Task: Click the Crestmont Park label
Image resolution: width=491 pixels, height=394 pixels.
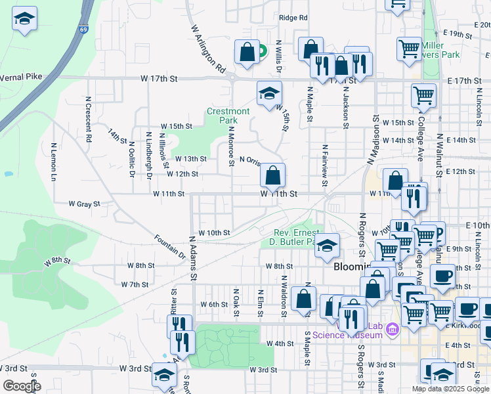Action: pyautogui.click(x=228, y=116)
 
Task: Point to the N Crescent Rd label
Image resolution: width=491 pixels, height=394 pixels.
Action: pyautogui.click(x=87, y=120)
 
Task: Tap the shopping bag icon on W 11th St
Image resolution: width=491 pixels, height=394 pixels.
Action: pyautogui.click(x=272, y=176)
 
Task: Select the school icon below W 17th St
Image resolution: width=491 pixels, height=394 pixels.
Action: pyautogui.click(x=269, y=95)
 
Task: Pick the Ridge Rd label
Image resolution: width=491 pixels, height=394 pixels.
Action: pyautogui.click(x=293, y=18)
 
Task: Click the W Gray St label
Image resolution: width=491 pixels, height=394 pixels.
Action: pyautogui.click(x=84, y=204)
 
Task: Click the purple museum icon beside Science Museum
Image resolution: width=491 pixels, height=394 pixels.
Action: pyautogui.click(x=393, y=328)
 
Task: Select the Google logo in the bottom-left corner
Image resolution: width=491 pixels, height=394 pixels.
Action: pyautogui.click(x=21, y=386)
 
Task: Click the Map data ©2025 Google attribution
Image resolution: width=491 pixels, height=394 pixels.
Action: pyautogui.click(x=450, y=389)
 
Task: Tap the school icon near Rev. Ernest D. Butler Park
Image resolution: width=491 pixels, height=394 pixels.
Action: pyautogui.click(x=327, y=246)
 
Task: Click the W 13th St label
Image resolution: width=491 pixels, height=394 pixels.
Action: pyautogui.click(x=190, y=159)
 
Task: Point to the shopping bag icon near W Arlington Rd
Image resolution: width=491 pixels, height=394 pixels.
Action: pyautogui.click(x=247, y=53)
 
